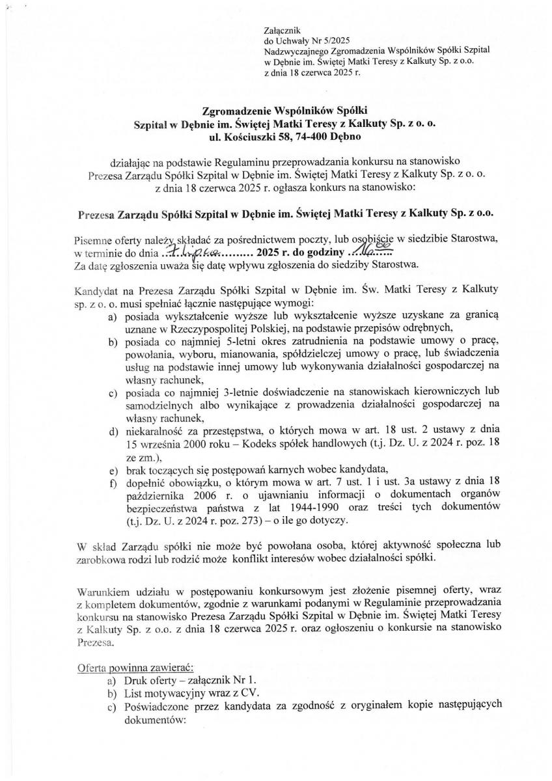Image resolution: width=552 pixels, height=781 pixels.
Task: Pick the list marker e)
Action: [x=113, y=469]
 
